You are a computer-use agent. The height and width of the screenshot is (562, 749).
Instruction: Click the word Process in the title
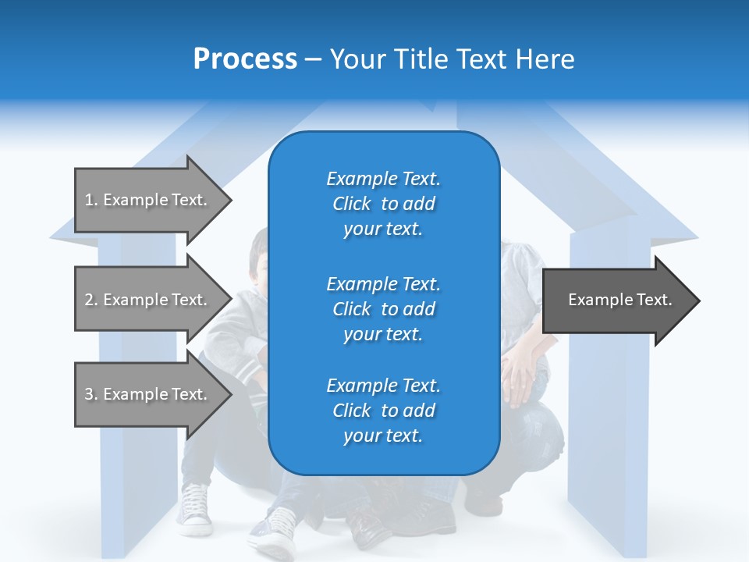245,59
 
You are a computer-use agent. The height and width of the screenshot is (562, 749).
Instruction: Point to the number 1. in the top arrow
91,200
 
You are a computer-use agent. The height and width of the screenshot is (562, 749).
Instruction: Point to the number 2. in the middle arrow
91,300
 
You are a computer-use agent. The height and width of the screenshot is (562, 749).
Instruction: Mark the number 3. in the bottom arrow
91,394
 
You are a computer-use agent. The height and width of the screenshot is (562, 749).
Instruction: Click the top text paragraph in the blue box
383,204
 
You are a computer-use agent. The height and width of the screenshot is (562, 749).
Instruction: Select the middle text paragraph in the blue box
383,309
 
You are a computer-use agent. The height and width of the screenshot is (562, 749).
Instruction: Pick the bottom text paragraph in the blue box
383,411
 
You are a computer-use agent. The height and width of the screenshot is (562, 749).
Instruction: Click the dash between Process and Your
314,60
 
